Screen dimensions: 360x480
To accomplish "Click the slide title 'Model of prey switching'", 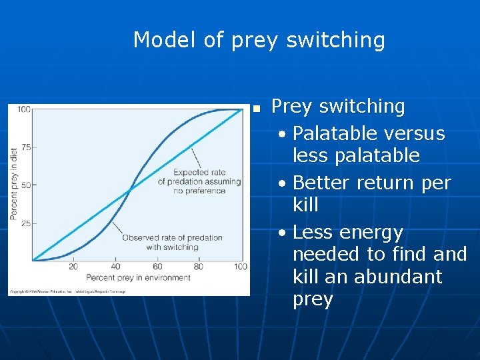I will (259, 40).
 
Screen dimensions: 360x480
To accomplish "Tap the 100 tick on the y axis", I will (23, 109).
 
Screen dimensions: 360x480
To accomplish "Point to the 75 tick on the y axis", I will (25, 147).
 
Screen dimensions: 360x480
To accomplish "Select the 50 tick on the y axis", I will (25, 185).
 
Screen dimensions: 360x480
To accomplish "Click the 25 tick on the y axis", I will (25, 223).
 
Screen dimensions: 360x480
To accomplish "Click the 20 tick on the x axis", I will (73, 267).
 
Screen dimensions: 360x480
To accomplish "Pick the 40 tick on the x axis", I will (115, 267).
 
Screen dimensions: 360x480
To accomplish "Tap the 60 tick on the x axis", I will (157, 267).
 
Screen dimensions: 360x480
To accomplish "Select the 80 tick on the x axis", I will (199, 267).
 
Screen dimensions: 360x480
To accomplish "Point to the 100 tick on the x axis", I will (240, 267).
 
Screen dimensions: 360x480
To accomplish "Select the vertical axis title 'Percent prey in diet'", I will (13, 183).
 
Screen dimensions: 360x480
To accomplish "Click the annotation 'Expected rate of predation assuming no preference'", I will (199, 181).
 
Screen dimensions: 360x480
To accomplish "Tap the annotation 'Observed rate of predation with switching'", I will (172, 243).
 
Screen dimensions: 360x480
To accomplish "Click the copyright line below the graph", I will (67, 291).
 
